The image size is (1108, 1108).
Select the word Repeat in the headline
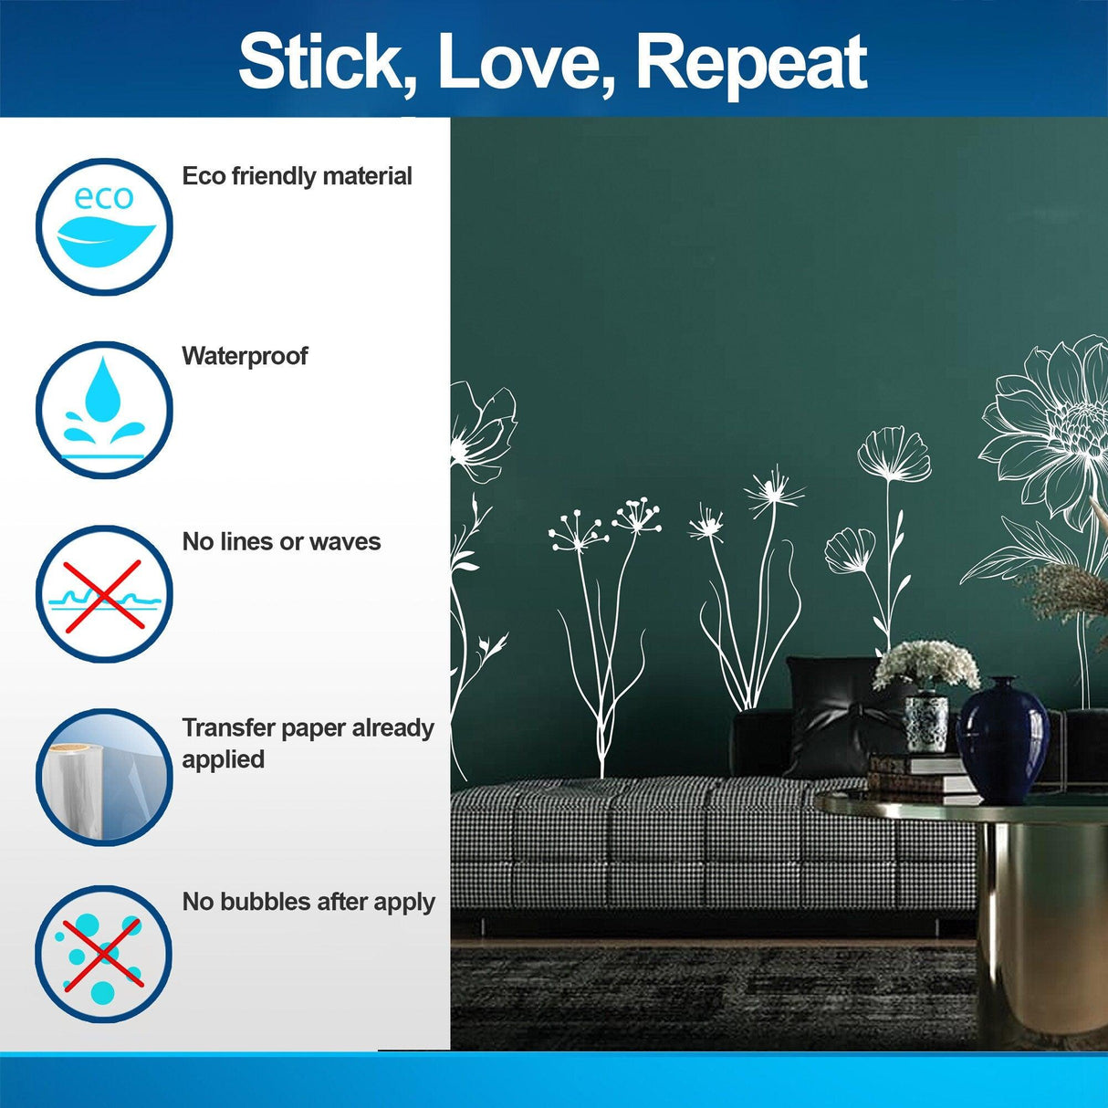[x=750, y=64]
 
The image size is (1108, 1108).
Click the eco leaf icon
[x=104, y=227]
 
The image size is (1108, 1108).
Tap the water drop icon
[x=104, y=410]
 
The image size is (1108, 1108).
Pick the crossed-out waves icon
[x=104, y=594]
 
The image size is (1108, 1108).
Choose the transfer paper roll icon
[x=104, y=777]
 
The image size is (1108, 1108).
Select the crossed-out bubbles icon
[x=104, y=954]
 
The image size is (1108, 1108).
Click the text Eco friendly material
[x=297, y=176]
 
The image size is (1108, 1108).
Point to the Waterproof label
[x=245, y=356]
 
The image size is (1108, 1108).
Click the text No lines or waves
[x=281, y=542]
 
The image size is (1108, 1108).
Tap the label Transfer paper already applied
[x=307, y=743]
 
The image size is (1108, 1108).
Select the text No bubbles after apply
[x=308, y=902]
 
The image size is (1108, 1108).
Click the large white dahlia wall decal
[x=1050, y=429]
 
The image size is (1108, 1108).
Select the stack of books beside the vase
[x=913, y=774]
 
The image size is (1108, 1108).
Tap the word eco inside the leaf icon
[x=103, y=197]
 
